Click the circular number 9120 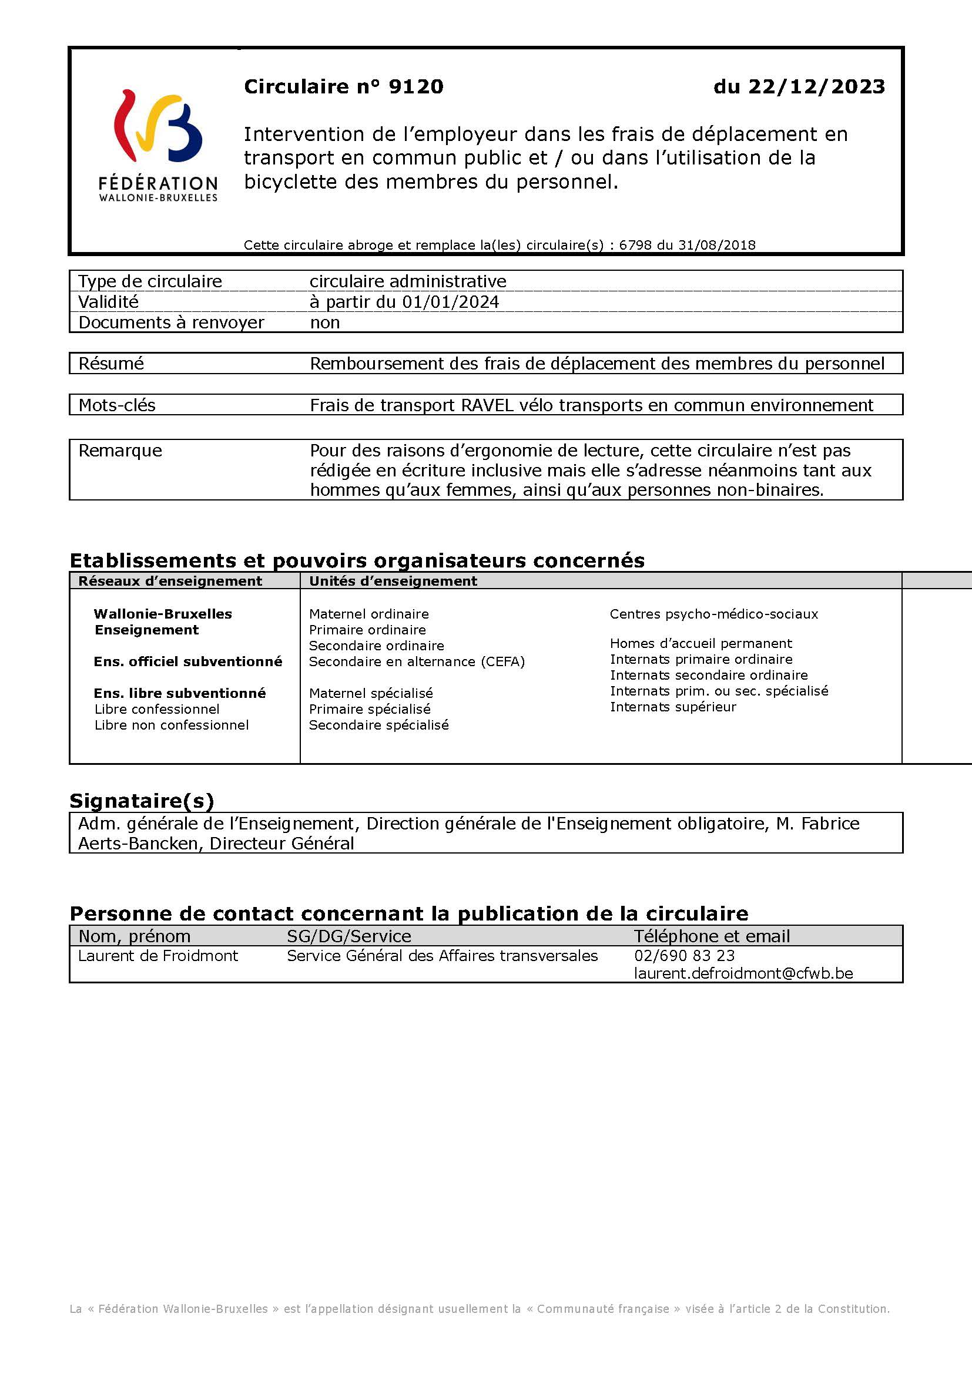coord(416,87)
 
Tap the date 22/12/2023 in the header coord(816,87)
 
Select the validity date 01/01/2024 coord(450,301)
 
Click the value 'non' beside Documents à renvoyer coord(325,322)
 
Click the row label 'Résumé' coord(111,363)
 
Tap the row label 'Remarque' coord(120,450)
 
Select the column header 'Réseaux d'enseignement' coord(170,580)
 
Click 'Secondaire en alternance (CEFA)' coord(417,661)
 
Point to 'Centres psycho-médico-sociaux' coord(713,613)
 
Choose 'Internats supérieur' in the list coord(673,707)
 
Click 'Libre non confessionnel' coord(172,725)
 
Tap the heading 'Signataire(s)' coord(142,800)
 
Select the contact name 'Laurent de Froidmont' coord(158,956)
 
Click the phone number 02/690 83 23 coord(684,956)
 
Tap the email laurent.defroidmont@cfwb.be coord(743,973)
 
